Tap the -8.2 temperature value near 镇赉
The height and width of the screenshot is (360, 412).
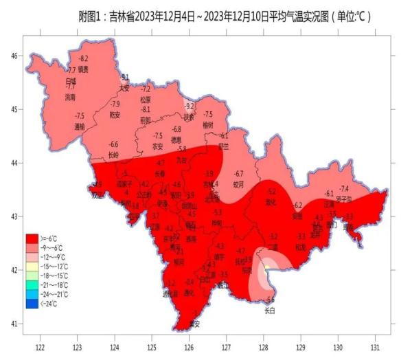83,59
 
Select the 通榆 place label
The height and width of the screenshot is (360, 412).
79,126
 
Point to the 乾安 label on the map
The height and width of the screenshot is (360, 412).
115,114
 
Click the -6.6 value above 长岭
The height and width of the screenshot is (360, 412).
114,144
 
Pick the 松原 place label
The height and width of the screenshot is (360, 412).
146,99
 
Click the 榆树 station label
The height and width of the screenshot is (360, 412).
208,124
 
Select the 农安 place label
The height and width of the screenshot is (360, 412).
157,146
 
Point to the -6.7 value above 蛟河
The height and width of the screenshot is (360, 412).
239,173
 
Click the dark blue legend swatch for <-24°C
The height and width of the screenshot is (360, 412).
32,304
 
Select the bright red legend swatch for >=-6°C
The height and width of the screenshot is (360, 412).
32,237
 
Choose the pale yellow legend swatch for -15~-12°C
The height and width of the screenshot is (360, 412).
32,266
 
